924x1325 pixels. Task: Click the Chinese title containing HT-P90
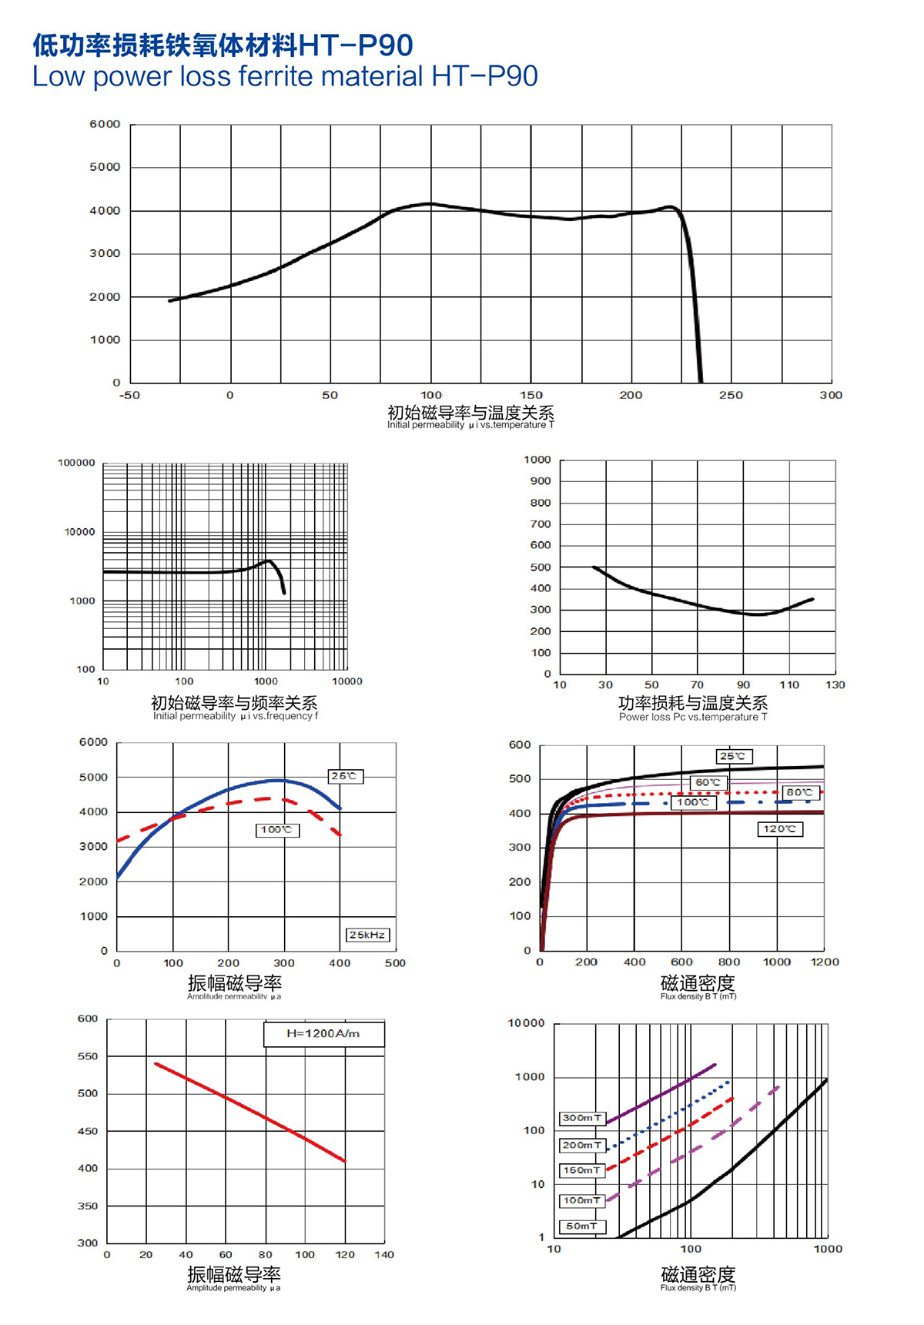pos(223,45)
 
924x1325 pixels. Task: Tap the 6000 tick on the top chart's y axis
pos(105,124)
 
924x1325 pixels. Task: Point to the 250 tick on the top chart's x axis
pos(731,395)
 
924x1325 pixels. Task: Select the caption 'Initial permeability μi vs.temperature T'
pos(470,425)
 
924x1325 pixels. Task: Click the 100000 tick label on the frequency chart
pos(76,463)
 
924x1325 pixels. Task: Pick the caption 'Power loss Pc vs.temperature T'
pos(693,717)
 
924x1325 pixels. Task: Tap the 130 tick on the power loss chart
pos(835,684)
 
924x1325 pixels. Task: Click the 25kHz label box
pos(367,935)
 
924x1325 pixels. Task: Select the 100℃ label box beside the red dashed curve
pos(276,830)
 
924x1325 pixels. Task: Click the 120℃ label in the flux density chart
pos(780,829)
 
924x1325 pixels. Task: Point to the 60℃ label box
pos(708,782)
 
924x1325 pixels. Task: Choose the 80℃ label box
pos(799,792)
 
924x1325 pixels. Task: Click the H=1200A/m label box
pos(323,1033)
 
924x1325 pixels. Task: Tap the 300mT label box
pos(582,1118)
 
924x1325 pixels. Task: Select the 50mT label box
pos(582,1226)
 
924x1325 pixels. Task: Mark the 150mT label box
pos(582,1170)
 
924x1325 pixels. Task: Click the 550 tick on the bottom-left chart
pos(88,1056)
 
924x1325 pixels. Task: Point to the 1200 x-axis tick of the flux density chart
pos(825,962)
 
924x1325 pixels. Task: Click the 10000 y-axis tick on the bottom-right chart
pos(526,1023)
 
